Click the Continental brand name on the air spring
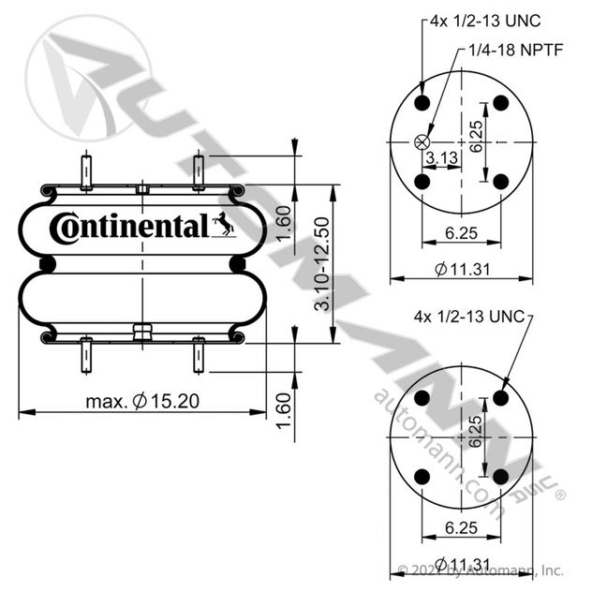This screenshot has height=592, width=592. click(x=128, y=228)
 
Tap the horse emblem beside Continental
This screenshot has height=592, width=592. click(x=224, y=224)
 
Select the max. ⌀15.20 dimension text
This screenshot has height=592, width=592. click(x=142, y=401)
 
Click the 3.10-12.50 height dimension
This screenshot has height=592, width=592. click(x=321, y=264)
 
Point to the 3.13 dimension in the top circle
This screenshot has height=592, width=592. click(x=442, y=157)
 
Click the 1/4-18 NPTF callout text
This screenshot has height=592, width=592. click(x=516, y=50)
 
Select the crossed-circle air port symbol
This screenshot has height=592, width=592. click(x=422, y=142)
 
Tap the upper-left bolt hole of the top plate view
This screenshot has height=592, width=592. click(x=422, y=103)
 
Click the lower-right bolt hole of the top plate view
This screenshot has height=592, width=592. click(x=501, y=182)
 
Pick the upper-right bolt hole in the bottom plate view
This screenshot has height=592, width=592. click(x=501, y=397)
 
